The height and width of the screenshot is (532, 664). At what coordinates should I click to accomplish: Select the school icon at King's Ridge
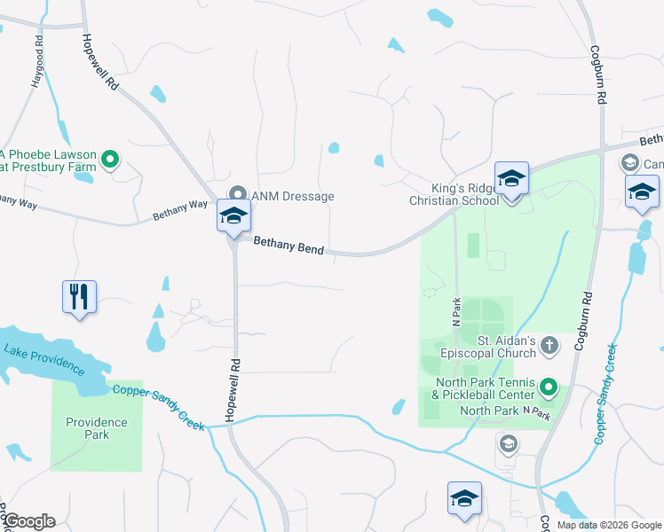511,180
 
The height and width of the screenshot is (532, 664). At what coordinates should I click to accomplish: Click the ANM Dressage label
293,196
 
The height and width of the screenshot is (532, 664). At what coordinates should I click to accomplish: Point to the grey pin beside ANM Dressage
238,194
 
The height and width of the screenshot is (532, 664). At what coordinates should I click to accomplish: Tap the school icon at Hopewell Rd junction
234,216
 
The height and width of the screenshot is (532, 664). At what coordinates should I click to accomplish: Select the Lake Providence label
44,358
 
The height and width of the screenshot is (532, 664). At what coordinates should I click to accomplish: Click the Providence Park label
97,428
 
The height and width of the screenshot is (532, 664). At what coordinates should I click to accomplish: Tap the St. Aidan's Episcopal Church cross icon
549,344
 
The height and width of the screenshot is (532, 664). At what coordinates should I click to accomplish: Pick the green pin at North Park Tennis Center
549,387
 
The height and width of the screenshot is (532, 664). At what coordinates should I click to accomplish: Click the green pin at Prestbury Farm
110,160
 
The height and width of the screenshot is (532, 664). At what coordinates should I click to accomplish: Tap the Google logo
28,521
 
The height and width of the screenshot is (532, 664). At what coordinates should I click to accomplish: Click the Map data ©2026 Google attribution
607,525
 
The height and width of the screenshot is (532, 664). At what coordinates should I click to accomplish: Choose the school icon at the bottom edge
464,499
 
